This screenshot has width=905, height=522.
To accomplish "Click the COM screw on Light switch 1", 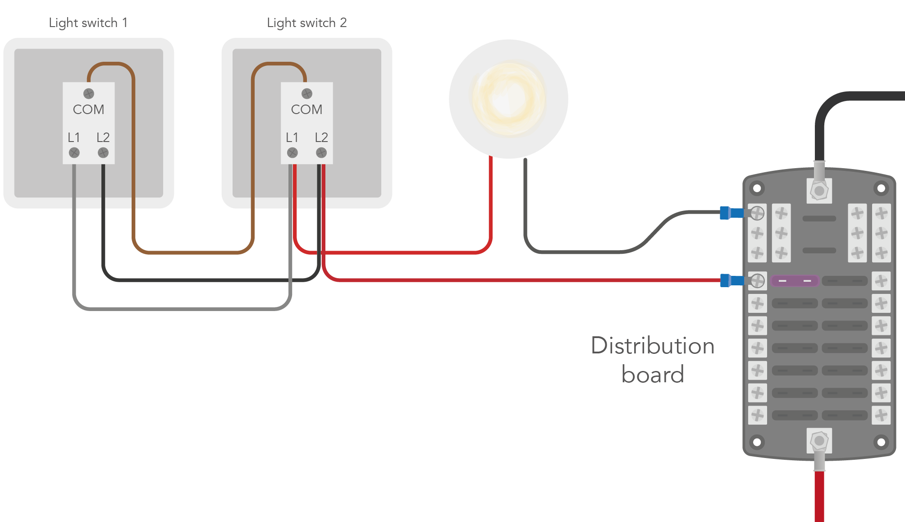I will click(89, 93).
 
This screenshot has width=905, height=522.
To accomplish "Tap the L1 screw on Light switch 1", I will click(74, 153).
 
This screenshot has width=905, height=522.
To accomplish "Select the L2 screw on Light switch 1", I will click(103, 153).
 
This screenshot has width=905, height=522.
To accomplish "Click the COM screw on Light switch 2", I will click(307, 93).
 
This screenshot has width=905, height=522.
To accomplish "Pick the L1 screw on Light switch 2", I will click(293, 153).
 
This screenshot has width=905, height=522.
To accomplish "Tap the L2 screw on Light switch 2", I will click(321, 153).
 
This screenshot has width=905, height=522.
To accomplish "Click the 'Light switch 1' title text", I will click(88, 23).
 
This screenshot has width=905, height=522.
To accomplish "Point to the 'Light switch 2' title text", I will click(306, 23).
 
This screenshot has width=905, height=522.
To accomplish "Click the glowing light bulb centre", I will click(509, 99).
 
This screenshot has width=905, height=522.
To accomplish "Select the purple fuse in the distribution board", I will click(795, 281).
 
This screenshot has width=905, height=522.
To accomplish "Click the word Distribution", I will click(652, 346).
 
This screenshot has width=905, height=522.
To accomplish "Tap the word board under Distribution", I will click(652, 375).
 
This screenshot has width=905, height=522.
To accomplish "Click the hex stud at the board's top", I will click(819, 191).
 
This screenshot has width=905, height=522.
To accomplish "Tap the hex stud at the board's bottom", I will click(819, 440).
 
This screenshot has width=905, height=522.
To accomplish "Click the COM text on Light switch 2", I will click(306, 110).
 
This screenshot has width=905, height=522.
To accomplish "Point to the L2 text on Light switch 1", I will click(103, 137).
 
